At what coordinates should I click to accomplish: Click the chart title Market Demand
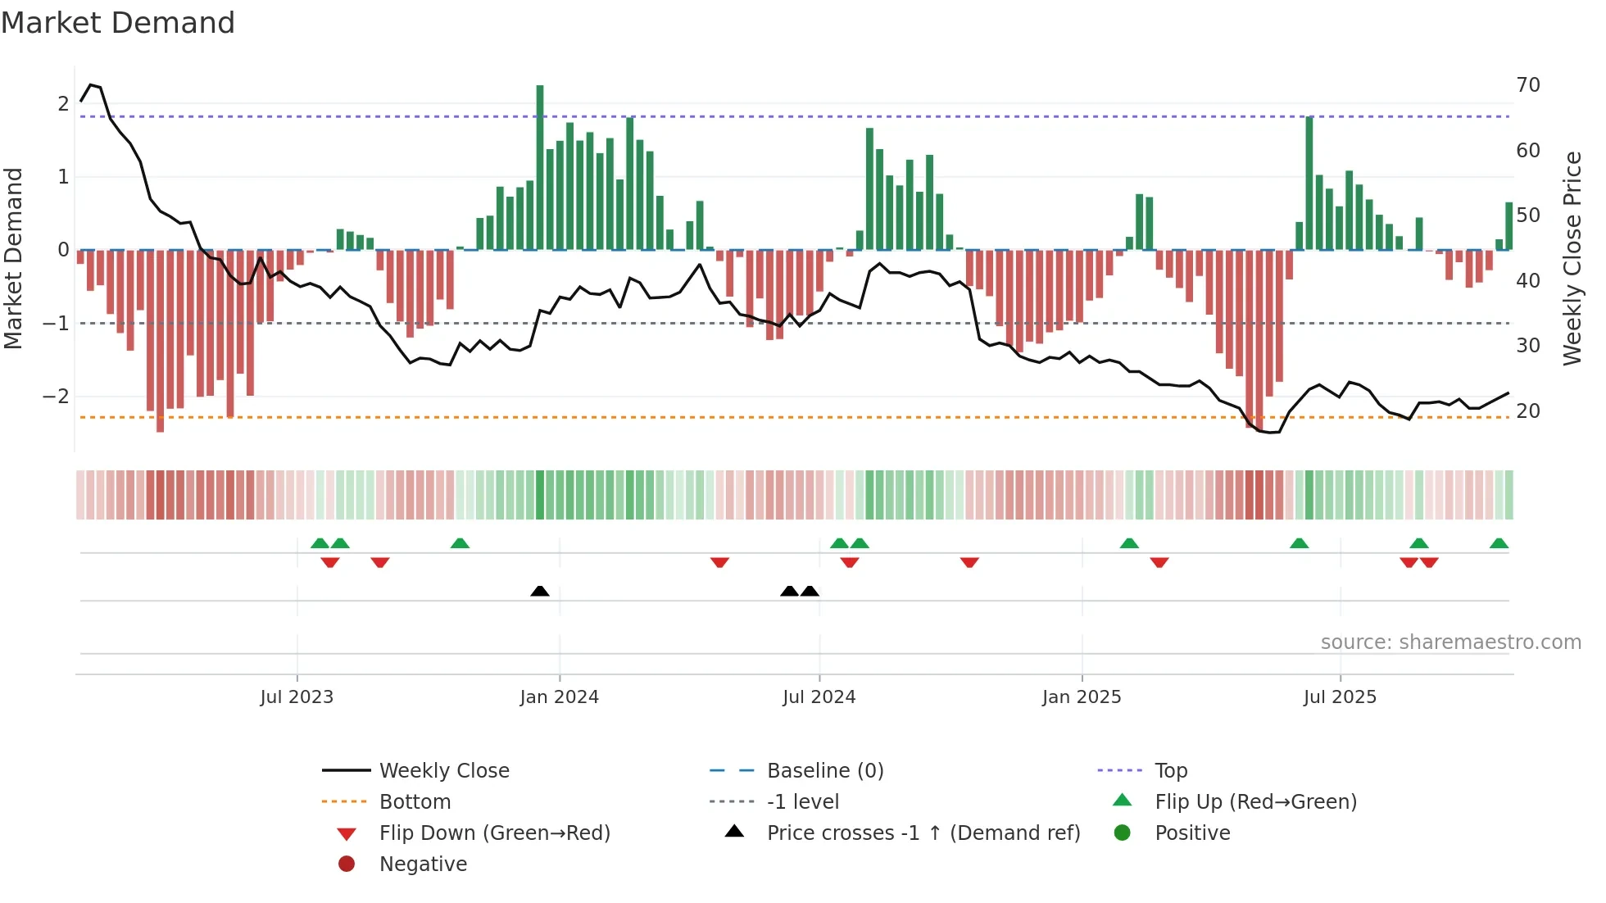click(118, 23)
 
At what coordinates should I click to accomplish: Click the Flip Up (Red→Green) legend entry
click(1255, 802)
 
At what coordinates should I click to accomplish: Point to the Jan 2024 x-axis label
click(560, 697)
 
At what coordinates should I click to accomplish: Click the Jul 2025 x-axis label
click(1340, 697)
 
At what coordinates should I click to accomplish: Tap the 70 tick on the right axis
click(1528, 85)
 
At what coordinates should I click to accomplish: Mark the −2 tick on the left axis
click(56, 397)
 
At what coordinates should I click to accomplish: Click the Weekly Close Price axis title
click(1572, 258)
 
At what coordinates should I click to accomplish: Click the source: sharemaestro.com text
click(1450, 642)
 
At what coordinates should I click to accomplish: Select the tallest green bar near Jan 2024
click(540, 164)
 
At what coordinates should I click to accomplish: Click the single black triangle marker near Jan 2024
click(540, 591)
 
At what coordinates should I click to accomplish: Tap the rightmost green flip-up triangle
click(1499, 543)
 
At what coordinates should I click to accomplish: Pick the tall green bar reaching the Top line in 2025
click(1309, 180)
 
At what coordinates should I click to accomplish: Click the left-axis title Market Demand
click(14, 258)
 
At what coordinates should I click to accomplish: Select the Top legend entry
click(1170, 771)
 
